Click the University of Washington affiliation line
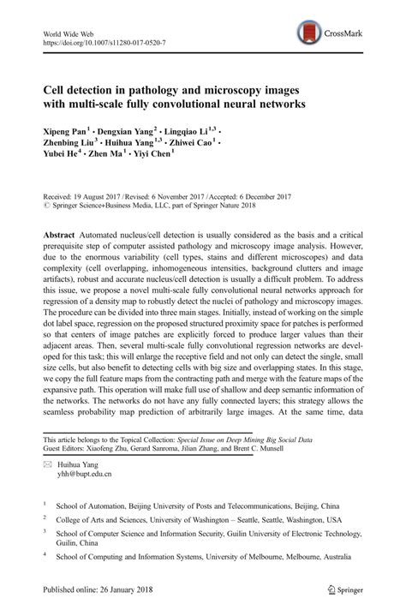(x=198, y=519)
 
